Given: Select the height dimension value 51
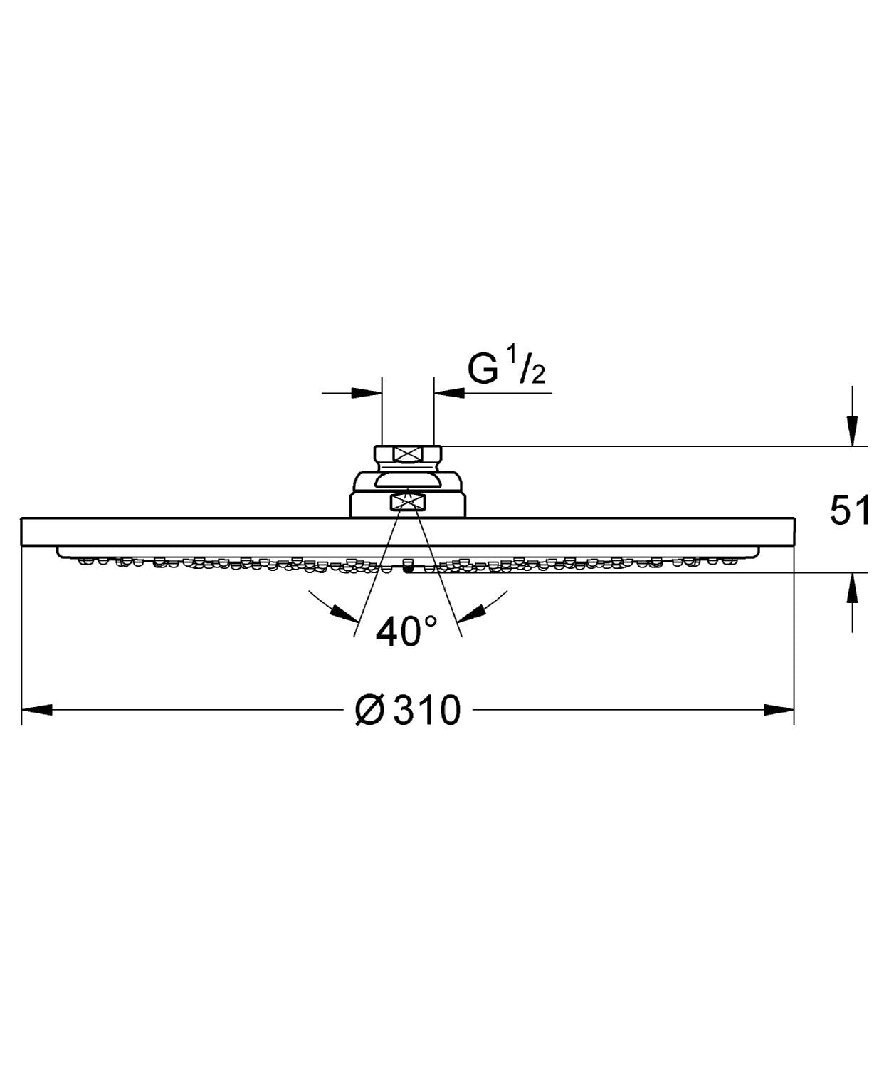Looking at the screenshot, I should point(851,511).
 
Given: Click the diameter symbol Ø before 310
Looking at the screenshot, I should point(372,711).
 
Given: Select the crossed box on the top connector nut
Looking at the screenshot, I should point(408,454).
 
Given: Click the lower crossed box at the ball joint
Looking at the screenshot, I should point(407,503).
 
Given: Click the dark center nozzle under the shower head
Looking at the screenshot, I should point(408,567).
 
